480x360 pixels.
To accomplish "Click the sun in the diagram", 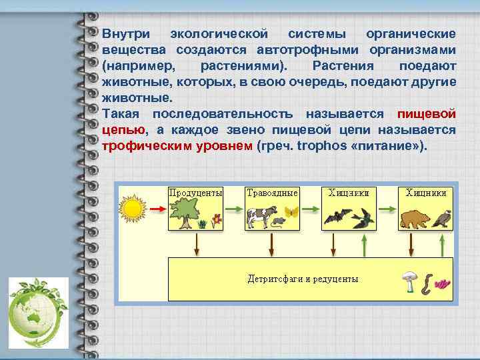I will click(x=133, y=208).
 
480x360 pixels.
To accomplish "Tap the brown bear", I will click(x=415, y=218).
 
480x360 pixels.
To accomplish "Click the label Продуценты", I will click(x=195, y=192).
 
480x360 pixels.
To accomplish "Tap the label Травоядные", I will click(x=272, y=192).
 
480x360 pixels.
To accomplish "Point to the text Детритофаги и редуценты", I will click(x=303, y=279).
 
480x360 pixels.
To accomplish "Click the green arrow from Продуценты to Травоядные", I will click(x=234, y=209).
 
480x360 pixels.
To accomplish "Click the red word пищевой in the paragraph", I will click(x=426, y=114).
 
